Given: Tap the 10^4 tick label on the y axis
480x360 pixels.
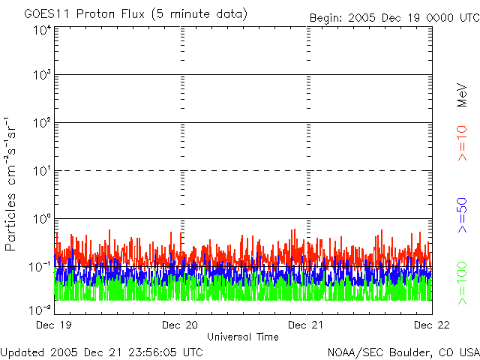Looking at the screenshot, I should [x=41, y=31].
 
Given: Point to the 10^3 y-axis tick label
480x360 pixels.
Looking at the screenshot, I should [x=41, y=76].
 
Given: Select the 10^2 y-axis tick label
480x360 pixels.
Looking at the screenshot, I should [x=41, y=124].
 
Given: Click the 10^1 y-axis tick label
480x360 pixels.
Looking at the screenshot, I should [x=41, y=172].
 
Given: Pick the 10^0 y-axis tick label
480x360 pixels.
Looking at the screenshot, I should [x=41, y=220].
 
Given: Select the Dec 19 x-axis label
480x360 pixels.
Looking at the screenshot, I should [x=55, y=325].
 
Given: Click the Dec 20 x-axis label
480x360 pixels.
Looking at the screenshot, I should [x=180, y=325].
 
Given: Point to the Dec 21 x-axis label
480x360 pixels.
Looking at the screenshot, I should [x=306, y=325].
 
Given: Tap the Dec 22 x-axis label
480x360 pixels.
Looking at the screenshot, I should [x=430, y=325].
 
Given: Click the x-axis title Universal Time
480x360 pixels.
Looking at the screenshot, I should [x=242, y=337].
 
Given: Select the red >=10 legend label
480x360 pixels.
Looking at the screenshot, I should [x=463, y=144].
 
